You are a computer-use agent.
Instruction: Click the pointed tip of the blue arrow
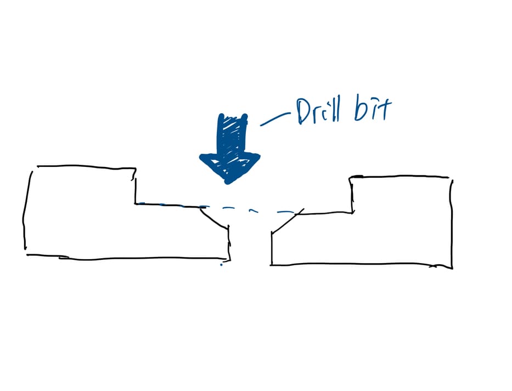click(x=228, y=183)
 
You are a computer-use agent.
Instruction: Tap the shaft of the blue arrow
click(x=232, y=134)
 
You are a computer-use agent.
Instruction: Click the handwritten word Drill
click(x=318, y=111)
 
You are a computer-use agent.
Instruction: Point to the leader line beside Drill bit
click(x=275, y=119)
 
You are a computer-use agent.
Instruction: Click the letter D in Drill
click(x=303, y=111)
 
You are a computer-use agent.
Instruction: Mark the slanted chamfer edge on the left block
click(x=214, y=217)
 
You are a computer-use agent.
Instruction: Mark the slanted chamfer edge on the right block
click(x=288, y=221)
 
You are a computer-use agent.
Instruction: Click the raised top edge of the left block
click(x=87, y=167)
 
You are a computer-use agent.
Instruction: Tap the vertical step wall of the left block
click(x=135, y=186)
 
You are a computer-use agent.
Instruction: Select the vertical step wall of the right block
click(x=352, y=195)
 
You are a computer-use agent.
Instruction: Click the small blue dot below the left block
click(x=221, y=265)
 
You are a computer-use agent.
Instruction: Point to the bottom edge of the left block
click(x=128, y=258)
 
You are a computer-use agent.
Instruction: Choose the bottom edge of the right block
click(x=362, y=264)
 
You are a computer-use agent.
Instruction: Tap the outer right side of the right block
click(x=452, y=224)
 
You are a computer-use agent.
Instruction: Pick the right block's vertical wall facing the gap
click(x=272, y=249)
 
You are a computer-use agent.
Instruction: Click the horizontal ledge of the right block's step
click(x=324, y=214)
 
